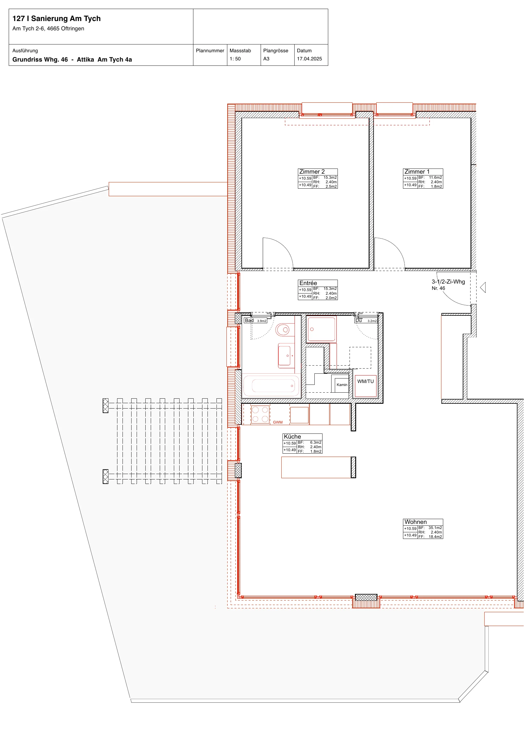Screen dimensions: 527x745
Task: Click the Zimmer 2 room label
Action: point(312,172)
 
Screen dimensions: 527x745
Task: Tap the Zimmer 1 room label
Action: point(417,172)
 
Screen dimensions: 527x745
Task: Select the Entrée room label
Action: point(308,283)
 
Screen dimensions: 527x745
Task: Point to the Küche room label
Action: point(292,436)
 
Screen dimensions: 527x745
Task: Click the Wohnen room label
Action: point(415,522)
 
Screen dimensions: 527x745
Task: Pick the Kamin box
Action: point(342,385)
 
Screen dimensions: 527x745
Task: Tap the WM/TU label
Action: point(365,382)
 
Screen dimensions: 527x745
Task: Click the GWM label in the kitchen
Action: point(278,422)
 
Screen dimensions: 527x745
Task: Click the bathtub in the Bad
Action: point(272,386)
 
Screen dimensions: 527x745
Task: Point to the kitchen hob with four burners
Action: point(260,414)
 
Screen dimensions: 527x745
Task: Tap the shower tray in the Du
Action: point(321,329)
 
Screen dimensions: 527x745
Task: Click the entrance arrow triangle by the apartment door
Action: point(483,287)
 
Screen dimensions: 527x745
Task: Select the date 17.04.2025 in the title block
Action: point(309,59)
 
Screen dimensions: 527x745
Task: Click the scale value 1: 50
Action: point(235,59)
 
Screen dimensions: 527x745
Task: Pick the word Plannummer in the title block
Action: point(210,51)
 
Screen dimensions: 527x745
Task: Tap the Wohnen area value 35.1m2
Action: point(435,528)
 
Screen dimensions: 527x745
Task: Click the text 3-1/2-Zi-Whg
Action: point(448,282)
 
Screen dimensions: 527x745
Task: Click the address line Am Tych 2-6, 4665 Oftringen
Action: point(48,29)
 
